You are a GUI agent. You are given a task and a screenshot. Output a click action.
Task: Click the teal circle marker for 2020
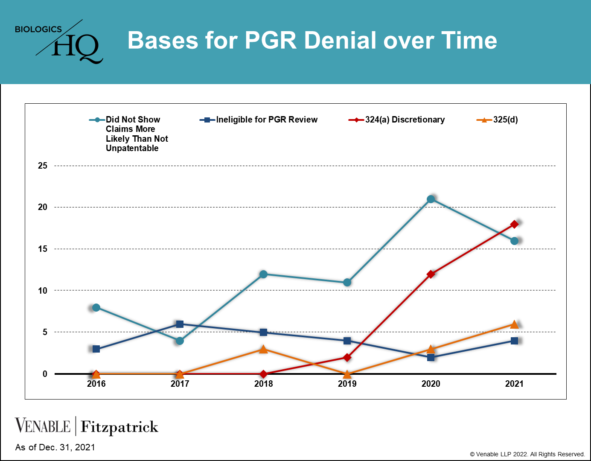pyautogui.click(x=431, y=199)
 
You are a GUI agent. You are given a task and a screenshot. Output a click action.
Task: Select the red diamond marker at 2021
pyautogui.click(x=514, y=224)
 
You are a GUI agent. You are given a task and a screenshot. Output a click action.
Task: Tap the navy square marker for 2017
pyautogui.click(x=180, y=324)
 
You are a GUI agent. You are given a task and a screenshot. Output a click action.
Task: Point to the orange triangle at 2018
pyautogui.click(x=263, y=349)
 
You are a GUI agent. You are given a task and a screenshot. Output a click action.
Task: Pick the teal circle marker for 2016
pyautogui.click(x=96, y=308)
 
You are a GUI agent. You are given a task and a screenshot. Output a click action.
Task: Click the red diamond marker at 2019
pyautogui.click(x=347, y=357)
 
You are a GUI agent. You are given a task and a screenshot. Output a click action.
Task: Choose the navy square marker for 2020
pyautogui.click(x=431, y=357)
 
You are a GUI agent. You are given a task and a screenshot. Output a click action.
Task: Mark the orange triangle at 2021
pyautogui.click(x=514, y=324)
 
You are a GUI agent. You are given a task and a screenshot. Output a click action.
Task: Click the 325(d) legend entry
pyautogui.click(x=497, y=120)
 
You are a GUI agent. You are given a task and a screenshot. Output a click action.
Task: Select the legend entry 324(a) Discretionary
pyautogui.click(x=396, y=120)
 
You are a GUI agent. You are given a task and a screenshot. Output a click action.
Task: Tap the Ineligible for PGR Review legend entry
pyautogui.click(x=258, y=120)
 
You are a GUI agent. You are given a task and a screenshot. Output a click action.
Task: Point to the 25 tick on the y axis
pyautogui.click(x=42, y=166)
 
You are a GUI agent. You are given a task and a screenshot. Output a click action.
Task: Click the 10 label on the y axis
pyautogui.click(x=42, y=290)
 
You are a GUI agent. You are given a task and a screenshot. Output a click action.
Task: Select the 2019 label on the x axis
pyautogui.click(x=347, y=384)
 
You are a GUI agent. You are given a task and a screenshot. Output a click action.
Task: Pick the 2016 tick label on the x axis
pyautogui.click(x=96, y=384)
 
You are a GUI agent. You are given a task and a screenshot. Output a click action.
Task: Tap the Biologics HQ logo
pyautogui.click(x=59, y=41)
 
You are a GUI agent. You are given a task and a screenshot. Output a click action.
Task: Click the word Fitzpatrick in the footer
pyautogui.click(x=119, y=426)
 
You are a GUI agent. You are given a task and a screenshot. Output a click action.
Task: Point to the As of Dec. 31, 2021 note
pyautogui.click(x=55, y=447)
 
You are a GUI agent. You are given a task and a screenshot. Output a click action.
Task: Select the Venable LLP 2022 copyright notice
pyautogui.click(x=527, y=454)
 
